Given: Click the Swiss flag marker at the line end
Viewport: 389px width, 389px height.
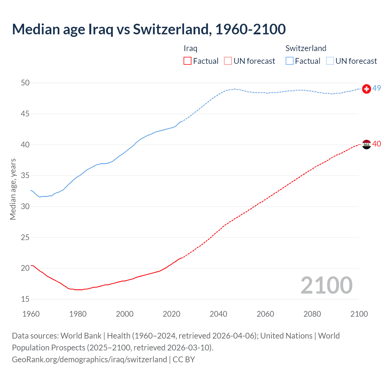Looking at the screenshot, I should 367,89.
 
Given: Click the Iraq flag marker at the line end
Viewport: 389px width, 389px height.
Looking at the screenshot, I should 367,144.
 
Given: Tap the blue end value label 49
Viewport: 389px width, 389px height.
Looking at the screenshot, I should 377,88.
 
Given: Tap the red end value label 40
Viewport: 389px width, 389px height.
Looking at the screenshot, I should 377,144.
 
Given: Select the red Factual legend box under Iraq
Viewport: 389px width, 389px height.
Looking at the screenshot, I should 188,61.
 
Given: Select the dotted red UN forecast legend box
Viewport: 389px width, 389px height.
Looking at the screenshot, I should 228,61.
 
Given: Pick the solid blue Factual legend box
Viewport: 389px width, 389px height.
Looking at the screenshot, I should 290,61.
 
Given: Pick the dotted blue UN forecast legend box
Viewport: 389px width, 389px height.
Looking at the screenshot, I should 330,61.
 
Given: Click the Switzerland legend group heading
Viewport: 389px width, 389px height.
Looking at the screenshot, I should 306,48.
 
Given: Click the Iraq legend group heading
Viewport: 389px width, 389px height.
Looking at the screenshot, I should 191,48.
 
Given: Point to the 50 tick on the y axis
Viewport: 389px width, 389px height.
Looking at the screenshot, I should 25,83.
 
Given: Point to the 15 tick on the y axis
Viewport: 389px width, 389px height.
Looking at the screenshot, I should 25,299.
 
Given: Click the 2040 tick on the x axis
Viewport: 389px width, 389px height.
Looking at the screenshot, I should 219,314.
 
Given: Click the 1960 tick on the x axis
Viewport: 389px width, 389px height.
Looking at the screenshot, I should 31,314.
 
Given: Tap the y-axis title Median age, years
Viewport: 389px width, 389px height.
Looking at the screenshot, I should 13,189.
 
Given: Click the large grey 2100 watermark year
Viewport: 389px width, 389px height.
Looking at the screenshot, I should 326,285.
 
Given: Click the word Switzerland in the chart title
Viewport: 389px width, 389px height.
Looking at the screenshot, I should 170,29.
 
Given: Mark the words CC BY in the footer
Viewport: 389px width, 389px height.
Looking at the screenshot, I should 184,360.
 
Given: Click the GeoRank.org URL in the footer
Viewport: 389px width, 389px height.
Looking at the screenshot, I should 89,360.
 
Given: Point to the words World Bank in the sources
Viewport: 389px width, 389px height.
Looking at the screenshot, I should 81,336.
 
